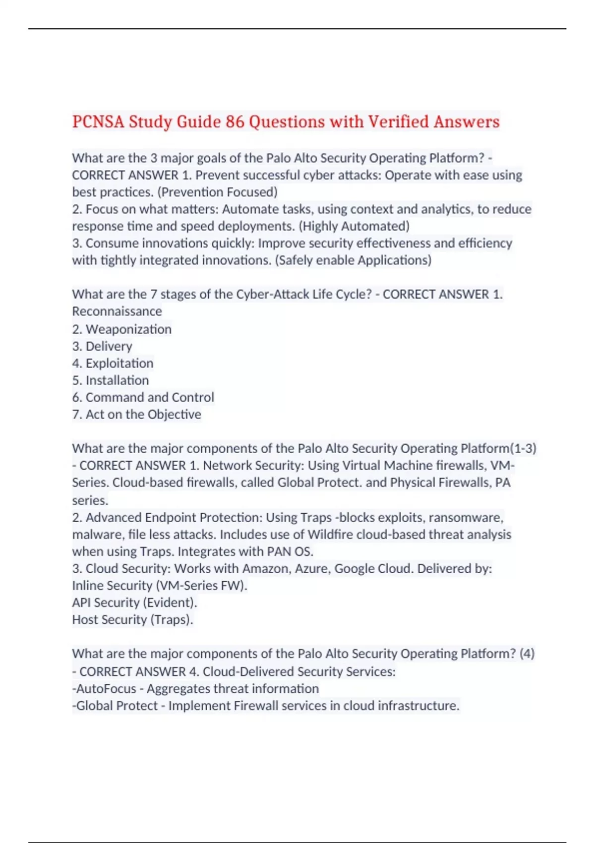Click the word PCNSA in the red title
98,121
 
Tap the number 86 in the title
235,121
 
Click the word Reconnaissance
117,311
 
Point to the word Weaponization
128,329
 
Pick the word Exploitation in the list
119,363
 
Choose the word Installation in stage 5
117,380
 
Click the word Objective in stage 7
175,415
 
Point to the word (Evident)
170,602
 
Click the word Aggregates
179,689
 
